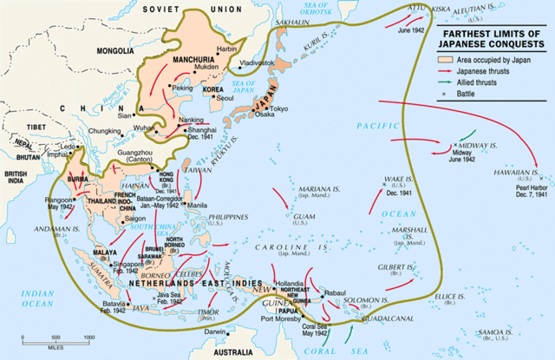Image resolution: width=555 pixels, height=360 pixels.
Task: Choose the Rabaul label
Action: [x=336, y=292]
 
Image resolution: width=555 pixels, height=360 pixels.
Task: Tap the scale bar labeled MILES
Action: [x=55, y=342]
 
